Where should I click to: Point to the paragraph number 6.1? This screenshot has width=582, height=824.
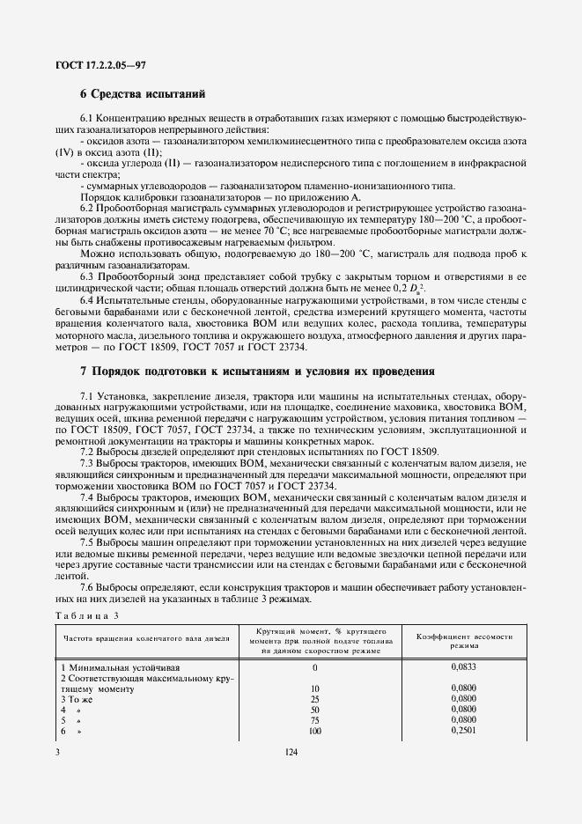pyautogui.click(x=87, y=118)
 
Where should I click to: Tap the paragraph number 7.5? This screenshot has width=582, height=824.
pyautogui.click(x=87, y=542)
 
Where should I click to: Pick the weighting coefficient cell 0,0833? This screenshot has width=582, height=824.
pyautogui.click(x=463, y=667)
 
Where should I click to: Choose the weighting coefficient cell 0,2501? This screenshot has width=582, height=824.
pyautogui.click(x=463, y=730)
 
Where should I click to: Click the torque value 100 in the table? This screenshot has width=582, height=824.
pyautogui.click(x=315, y=731)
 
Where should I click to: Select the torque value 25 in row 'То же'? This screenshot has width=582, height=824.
pyautogui.click(x=315, y=699)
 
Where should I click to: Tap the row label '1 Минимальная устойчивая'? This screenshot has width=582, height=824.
pyautogui.click(x=112, y=668)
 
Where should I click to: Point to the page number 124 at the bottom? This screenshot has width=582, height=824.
pyautogui.click(x=291, y=751)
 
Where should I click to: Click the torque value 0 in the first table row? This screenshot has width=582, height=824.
pyautogui.click(x=315, y=668)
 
